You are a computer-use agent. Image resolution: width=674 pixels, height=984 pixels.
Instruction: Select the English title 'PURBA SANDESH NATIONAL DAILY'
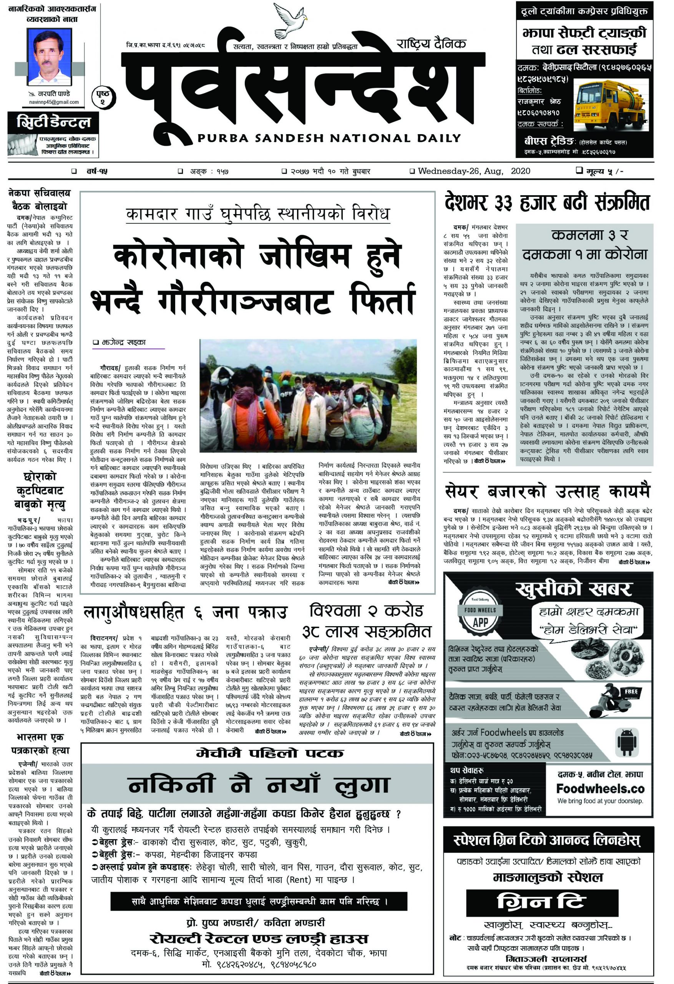tap(329, 138)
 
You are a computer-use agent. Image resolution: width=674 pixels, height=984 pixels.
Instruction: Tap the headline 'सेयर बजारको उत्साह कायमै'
tap(547, 492)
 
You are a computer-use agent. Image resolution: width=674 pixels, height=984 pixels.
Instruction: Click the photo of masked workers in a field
tap(308, 396)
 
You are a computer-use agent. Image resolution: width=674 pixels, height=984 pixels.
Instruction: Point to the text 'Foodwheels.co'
tap(600, 789)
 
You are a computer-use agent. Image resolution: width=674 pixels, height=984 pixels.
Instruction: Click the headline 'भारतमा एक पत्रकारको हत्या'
tap(40, 745)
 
